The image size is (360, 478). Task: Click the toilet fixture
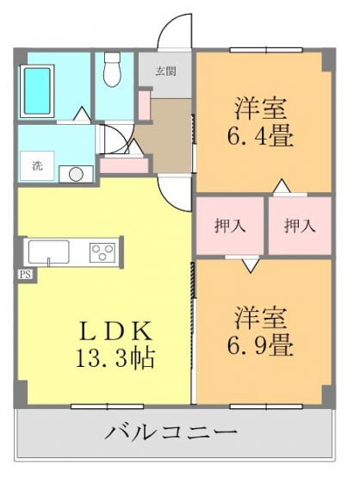point(113,70)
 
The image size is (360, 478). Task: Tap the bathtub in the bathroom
point(37,90)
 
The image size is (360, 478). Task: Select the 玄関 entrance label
point(166,71)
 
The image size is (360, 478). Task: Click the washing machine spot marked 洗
point(37,166)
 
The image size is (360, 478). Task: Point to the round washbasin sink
point(76,174)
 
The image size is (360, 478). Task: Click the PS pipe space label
point(25,275)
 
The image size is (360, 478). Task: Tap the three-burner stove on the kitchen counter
point(102,252)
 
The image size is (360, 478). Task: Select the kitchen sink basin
point(49,252)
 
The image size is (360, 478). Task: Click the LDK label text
point(115,332)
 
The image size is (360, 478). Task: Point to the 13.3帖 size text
point(115,358)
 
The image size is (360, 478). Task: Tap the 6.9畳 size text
point(260,346)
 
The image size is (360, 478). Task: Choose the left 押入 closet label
point(230,227)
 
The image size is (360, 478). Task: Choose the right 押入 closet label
point(300,227)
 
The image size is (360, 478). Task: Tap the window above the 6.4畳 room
point(266,50)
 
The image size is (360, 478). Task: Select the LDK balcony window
point(108,406)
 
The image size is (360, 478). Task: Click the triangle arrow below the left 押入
point(251,265)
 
